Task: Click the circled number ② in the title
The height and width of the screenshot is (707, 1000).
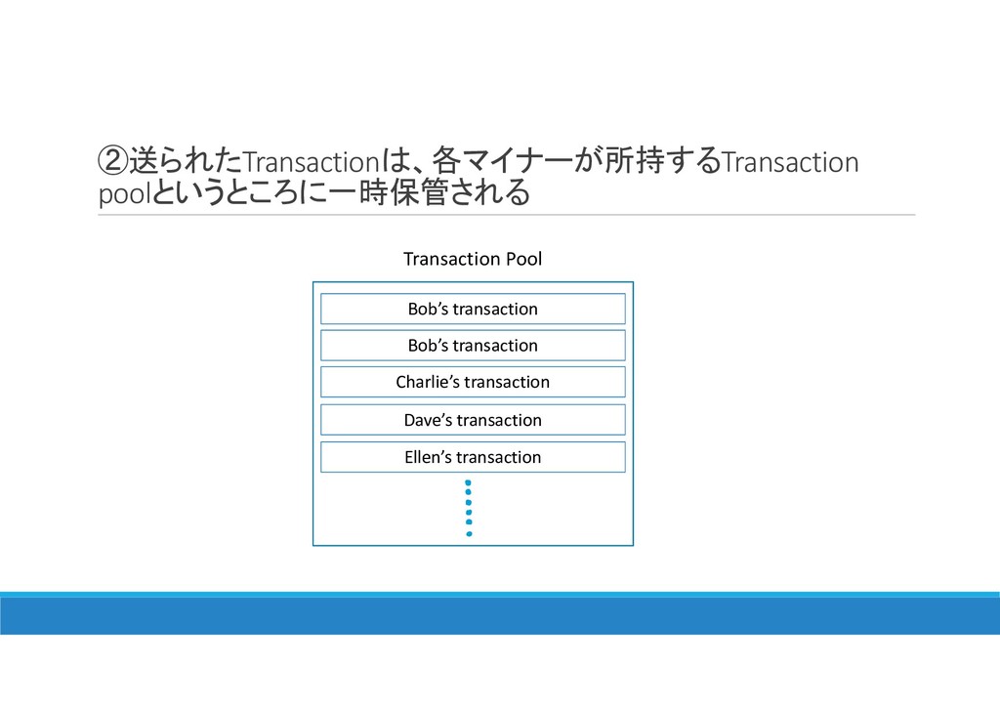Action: point(113,160)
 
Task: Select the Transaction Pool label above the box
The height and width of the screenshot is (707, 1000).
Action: point(473,259)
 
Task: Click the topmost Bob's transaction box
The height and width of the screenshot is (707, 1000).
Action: point(473,309)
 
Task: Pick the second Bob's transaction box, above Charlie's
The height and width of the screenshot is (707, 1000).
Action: point(473,346)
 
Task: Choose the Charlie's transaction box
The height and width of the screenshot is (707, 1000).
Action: point(473,382)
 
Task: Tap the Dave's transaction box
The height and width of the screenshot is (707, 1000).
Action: point(473,420)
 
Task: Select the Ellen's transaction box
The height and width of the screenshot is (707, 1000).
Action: point(473,457)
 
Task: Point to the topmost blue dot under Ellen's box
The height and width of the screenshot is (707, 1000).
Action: point(469,482)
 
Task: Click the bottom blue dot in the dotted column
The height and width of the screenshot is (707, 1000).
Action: point(469,534)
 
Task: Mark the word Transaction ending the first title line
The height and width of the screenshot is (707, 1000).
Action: point(789,161)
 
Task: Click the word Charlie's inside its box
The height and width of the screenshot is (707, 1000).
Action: point(422,382)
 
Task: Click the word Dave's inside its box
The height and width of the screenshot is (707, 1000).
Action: point(428,420)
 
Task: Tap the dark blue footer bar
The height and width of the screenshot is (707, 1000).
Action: point(500,615)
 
